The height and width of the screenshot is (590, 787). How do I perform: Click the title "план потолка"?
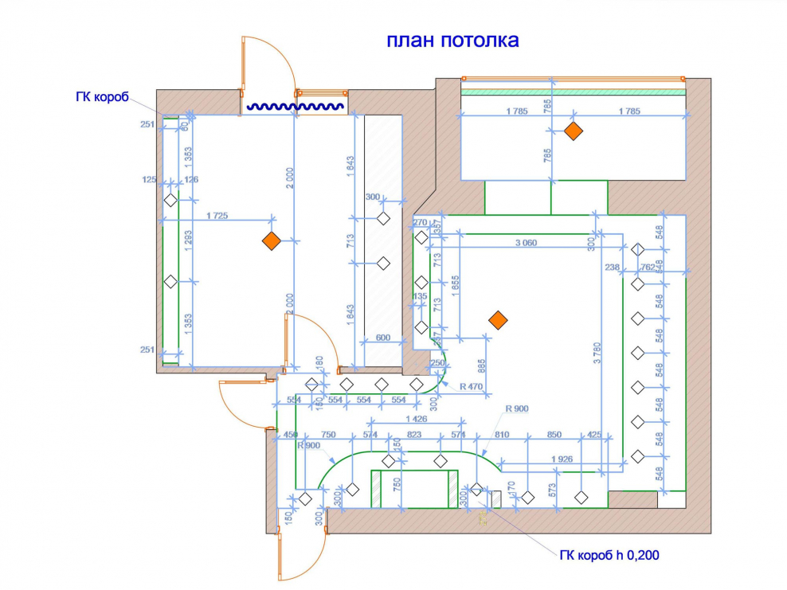coord(452,41)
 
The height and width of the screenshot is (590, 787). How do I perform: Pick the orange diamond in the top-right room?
coord(572,132)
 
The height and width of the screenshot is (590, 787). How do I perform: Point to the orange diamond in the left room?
coord(272,241)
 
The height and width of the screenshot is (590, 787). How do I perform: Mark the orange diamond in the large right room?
coord(498,320)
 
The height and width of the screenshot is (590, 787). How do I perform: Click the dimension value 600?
coord(384,338)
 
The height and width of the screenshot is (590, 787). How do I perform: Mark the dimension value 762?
coord(648,268)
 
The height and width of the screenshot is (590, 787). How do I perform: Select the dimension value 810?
coord(501,435)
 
